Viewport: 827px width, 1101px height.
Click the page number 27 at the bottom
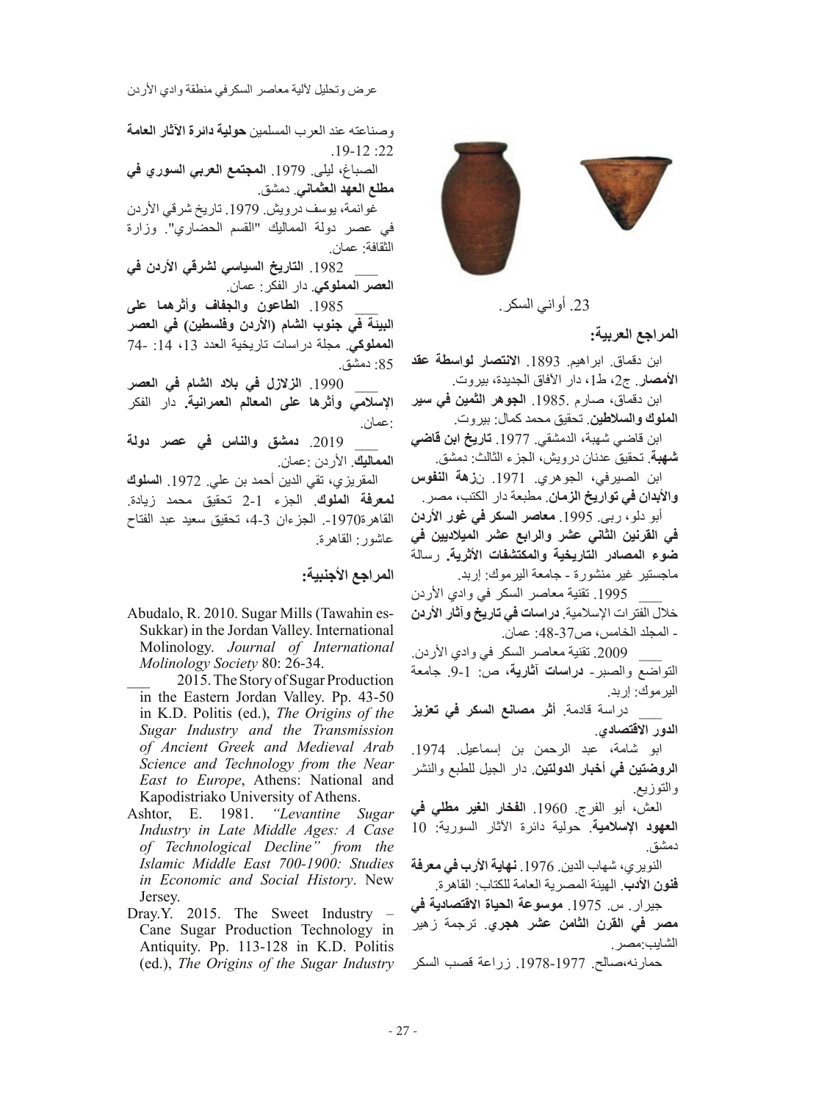(402, 1031)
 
